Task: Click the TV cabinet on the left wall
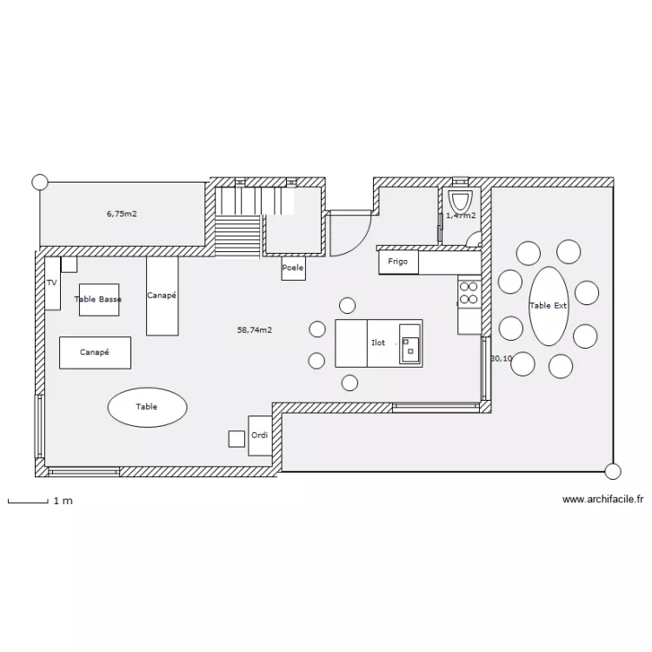coord(52,283)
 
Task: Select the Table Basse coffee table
coord(98,299)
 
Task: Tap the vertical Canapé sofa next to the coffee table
coord(162,296)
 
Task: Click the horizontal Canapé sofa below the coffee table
coord(95,352)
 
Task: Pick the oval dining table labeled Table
coord(147,406)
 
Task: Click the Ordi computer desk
coord(259,435)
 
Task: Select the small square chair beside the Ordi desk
coord(236,438)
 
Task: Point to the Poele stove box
coord(293,269)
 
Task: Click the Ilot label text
coord(378,343)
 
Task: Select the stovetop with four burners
coord(469,292)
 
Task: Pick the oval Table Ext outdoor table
coord(549,305)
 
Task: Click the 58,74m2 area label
coord(255,329)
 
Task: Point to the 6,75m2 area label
coord(122,212)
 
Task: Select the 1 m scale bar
coord(28,501)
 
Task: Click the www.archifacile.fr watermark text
coord(602,499)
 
